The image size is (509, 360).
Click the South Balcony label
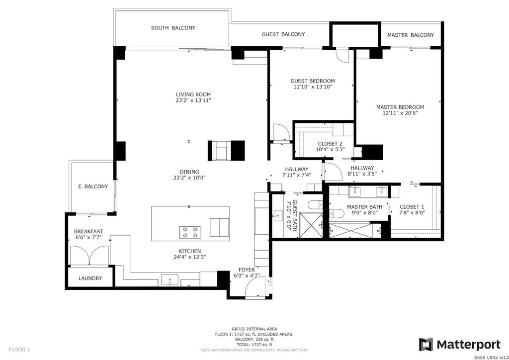coord(173,28)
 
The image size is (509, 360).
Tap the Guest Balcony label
coord(283,34)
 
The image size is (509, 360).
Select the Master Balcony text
coord(410,35)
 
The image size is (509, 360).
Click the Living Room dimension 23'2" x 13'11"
coord(193,100)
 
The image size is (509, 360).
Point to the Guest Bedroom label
coord(312,81)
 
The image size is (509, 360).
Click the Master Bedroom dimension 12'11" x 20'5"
coord(400,113)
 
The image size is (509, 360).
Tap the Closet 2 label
coord(330,144)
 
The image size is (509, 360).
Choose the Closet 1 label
coord(412,207)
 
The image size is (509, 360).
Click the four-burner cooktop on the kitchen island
coord(190,232)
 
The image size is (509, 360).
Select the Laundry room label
coord(90,278)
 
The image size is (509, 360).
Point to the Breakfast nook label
coord(88,231)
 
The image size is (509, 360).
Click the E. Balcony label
coord(93,186)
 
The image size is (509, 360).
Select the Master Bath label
coord(364,207)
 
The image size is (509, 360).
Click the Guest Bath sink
coord(278,215)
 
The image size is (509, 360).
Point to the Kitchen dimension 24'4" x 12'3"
coord(190,257)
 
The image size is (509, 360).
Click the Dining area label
coord(189,172)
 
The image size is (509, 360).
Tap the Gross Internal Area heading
coord(254,329)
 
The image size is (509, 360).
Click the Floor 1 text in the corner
coord(19,350)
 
